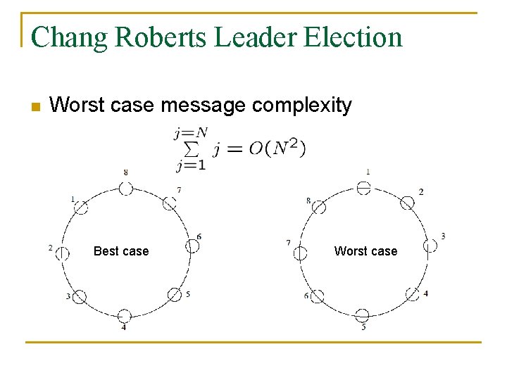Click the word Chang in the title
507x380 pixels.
point(69,37)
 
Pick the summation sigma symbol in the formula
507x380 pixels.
point(190,149)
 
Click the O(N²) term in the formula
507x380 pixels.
point(277,148)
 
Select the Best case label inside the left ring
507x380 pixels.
point(121,251)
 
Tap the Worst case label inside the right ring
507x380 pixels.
point(365,251)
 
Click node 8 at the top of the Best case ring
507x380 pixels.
point(125,189)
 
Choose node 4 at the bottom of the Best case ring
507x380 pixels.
point(124,315)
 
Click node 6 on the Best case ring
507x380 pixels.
point(192,246)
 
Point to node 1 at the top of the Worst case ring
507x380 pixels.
point(363,188)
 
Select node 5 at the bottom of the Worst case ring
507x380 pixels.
point(362,315)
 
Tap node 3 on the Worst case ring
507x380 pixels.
point(430,246)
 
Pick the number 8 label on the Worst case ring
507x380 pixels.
point(308,201)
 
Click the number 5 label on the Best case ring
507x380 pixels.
point(187,293)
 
